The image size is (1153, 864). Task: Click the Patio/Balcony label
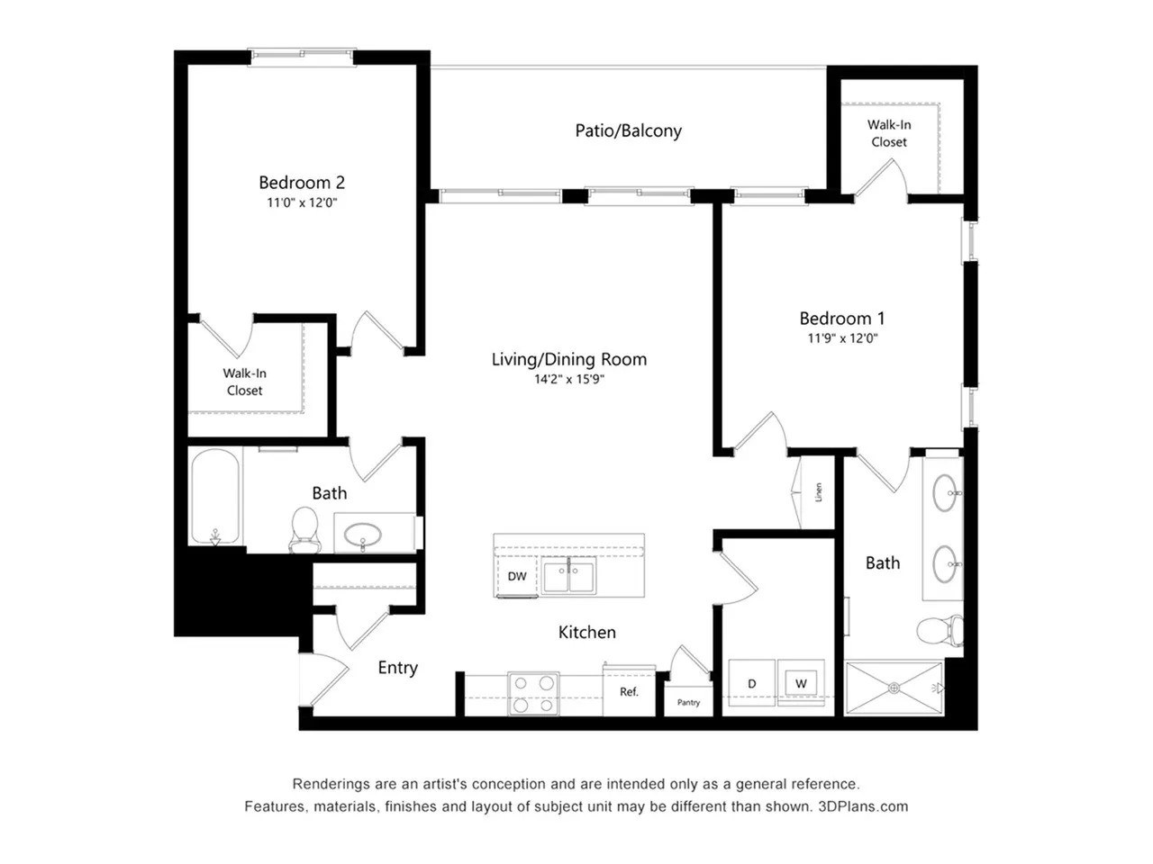[628, 131]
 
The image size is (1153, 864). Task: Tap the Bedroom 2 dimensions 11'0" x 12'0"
[301, 203]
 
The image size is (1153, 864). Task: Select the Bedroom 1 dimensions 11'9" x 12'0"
[841, 339]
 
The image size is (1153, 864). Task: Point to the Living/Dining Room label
[568, 360]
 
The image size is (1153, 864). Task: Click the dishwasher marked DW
[517, 577]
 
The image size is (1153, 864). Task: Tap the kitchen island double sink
[568, 576]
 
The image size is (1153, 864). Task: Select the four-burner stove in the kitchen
[533, 694]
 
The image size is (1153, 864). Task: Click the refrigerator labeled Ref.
[629, 692]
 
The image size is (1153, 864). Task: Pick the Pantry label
[688, 703]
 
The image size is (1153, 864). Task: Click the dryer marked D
[751, 684]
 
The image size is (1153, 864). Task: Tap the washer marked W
[801, 684]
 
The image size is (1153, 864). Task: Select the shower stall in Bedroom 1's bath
[894, 689]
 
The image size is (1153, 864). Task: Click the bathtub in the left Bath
[215, 498]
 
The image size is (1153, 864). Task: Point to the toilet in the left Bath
[304, 528]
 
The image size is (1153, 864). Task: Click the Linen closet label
[819, 492]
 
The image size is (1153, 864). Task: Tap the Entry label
[397, 668]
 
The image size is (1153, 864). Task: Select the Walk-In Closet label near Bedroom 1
[889, 133]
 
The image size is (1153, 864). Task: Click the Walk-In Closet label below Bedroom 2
[245, 382]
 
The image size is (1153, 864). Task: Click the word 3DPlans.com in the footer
[863, 806]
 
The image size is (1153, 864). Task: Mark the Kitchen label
[586, 633]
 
